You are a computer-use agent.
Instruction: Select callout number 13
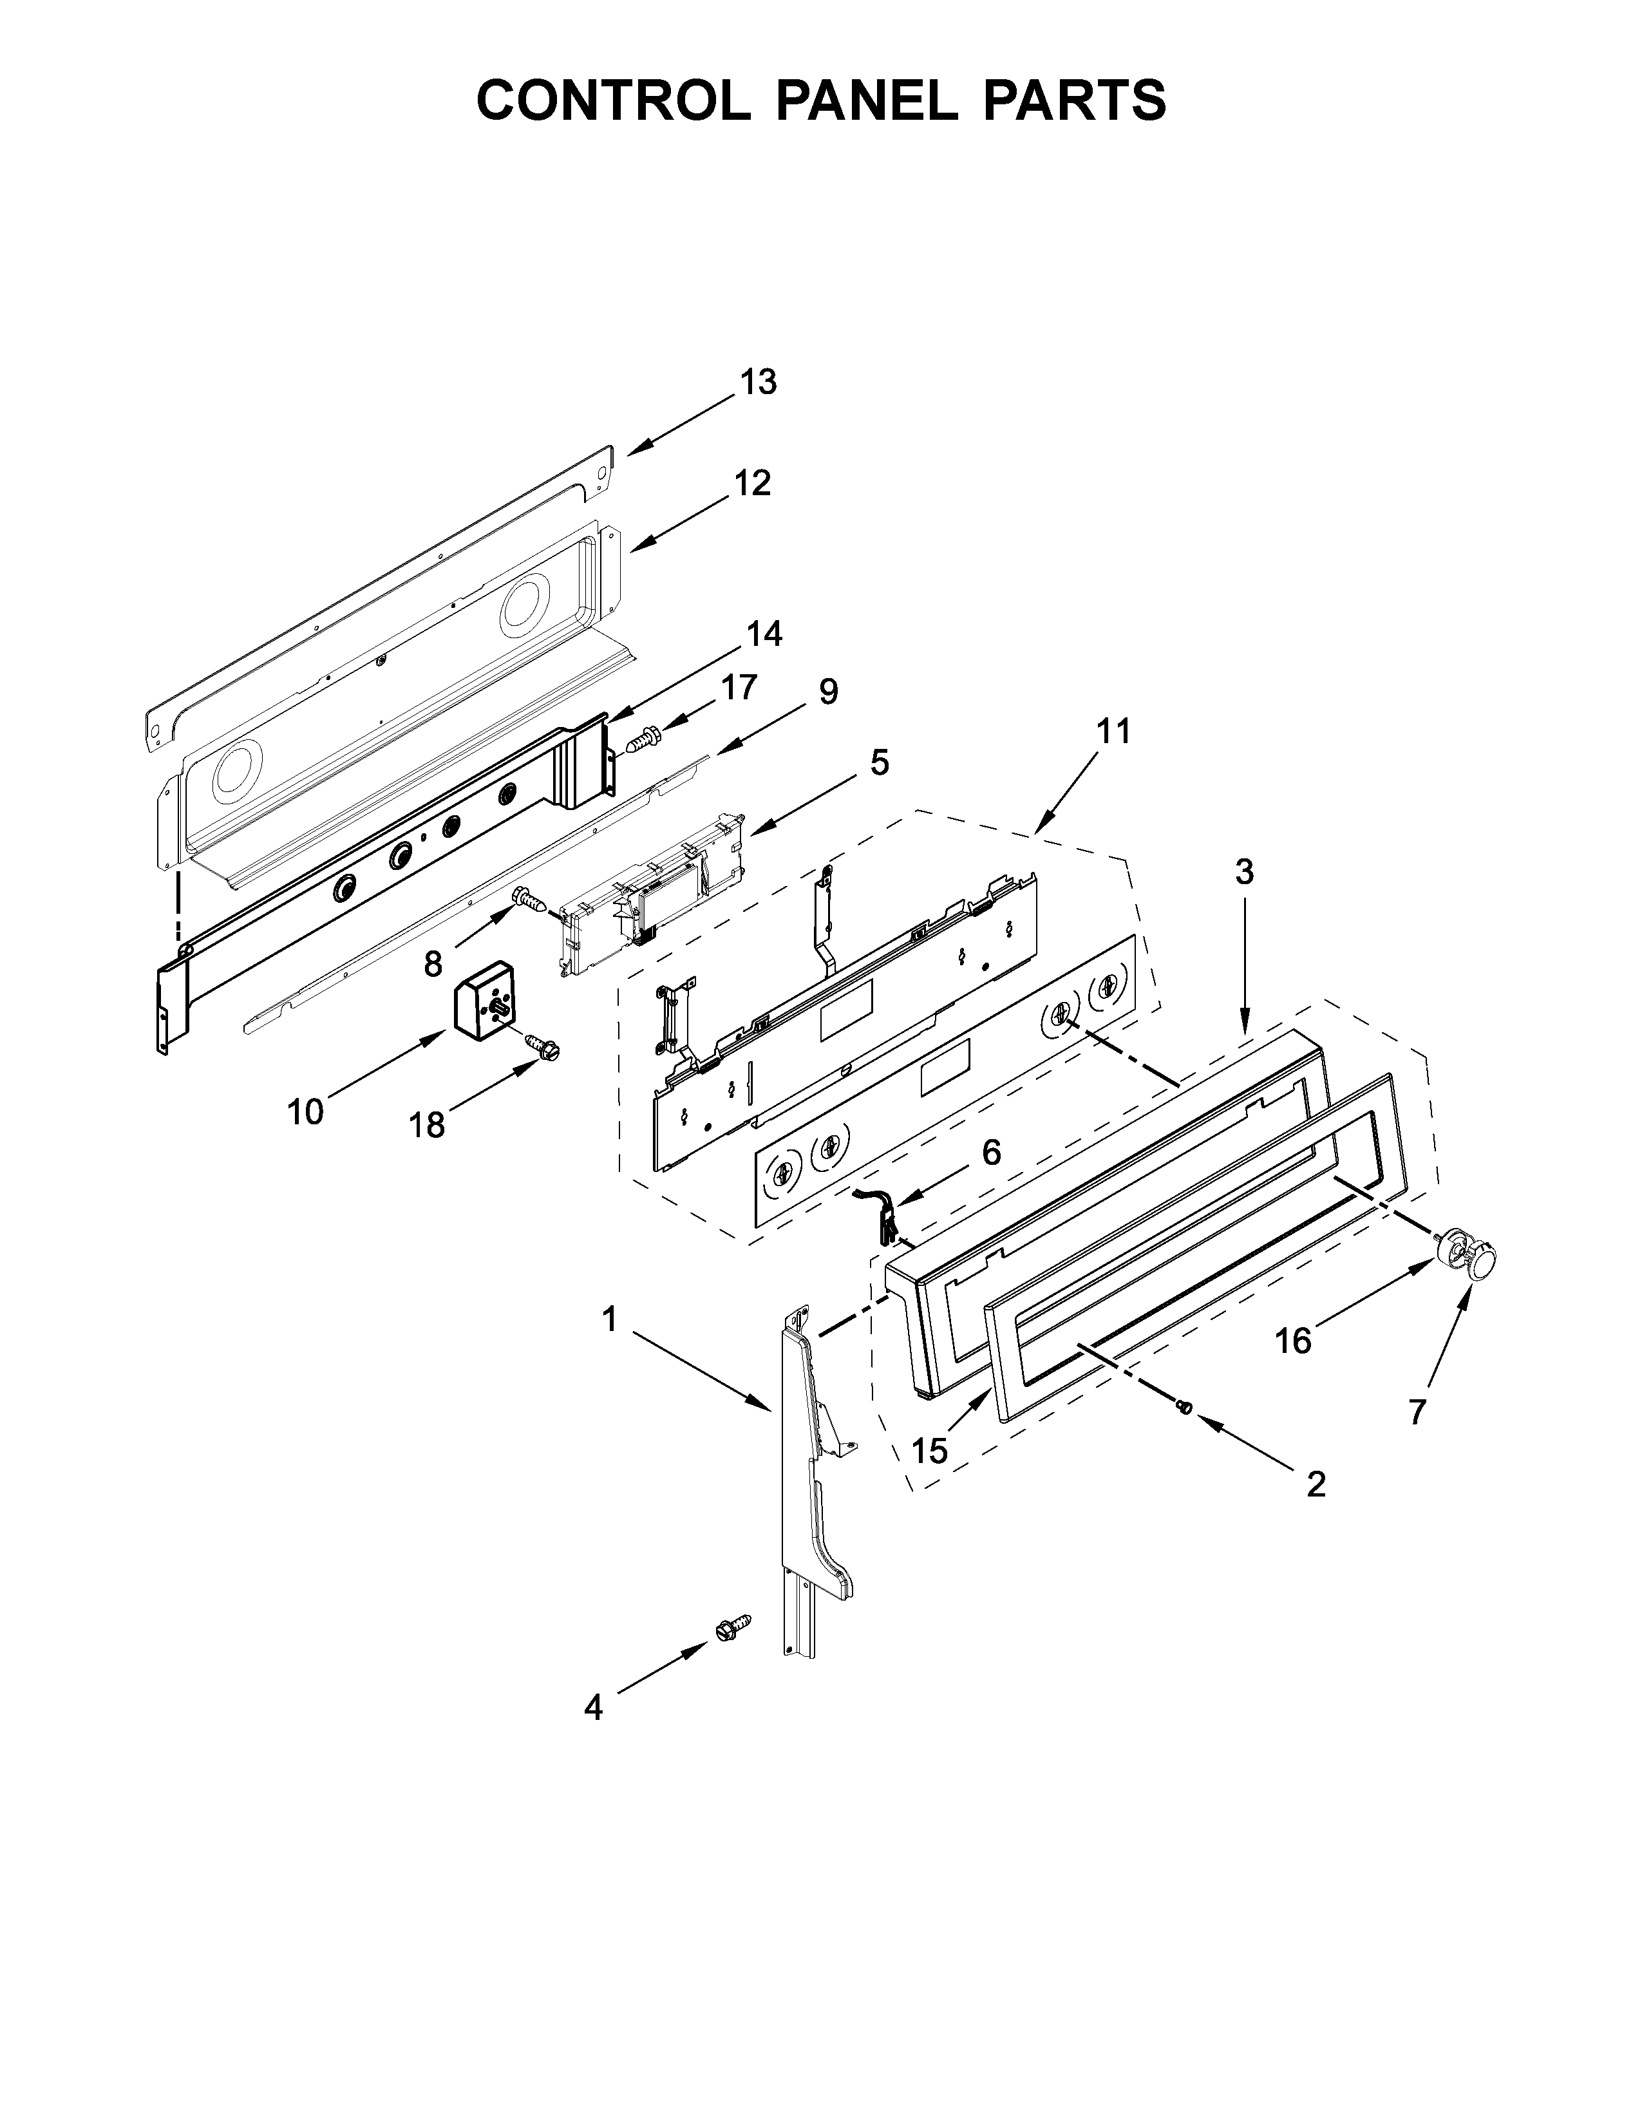(759, 382)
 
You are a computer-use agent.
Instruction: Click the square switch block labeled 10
(484, 1001)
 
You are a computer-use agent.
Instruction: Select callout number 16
(1294, 1342)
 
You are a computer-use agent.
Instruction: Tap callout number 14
(764, 634)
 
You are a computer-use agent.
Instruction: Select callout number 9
(828, 692)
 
